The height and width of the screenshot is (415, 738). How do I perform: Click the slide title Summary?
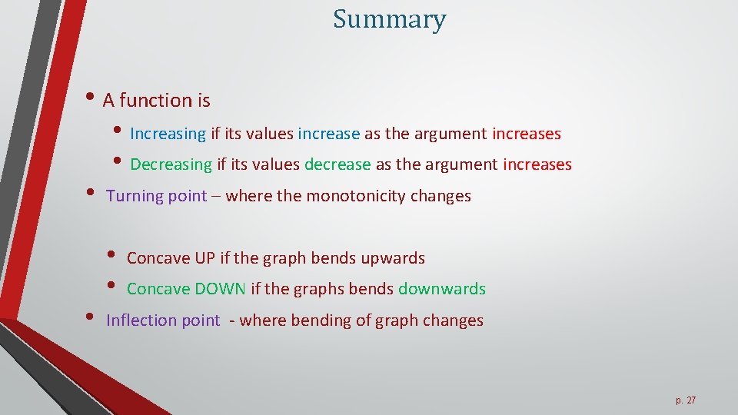click(389, 20)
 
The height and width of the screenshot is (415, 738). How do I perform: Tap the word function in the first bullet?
click(155, 101)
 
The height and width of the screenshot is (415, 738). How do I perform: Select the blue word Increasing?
click(168, 134)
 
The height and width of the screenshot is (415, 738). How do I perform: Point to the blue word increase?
click(328, 134)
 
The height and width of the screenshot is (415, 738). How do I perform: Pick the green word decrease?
click(337, 164)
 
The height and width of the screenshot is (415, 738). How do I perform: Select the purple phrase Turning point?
click(156, 196)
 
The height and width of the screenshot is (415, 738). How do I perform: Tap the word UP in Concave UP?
click(204, 258)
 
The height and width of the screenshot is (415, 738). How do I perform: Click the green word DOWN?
click(220, 289)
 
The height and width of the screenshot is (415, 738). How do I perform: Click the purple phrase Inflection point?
click(162, 320)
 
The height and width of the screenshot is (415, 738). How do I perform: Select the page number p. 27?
click(686, 400)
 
